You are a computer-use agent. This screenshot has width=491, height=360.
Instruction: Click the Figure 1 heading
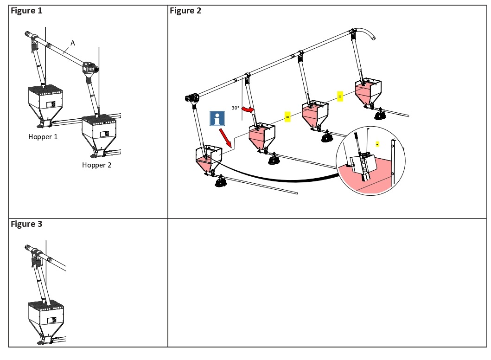coord(26,11)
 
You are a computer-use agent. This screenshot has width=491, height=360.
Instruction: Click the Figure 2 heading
coord(185,11)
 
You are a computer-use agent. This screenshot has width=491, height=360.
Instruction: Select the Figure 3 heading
coord(26,224)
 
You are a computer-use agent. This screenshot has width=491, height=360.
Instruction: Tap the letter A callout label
coord(72,43)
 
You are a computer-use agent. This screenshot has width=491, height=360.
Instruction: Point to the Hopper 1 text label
coord(43,137)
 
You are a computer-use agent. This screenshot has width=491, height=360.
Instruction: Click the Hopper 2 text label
coord(97,165)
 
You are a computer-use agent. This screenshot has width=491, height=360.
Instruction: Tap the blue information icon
coord(217,118)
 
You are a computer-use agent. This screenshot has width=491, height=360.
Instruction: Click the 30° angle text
coord(236,108)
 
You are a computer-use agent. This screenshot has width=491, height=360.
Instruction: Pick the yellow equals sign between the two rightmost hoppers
coord(340,96)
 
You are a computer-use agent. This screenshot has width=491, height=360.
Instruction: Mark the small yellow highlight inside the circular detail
coord(377,144)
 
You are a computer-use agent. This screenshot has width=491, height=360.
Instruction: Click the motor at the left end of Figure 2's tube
coord(192,98)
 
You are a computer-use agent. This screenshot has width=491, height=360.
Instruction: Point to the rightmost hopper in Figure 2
coord(368,92)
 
